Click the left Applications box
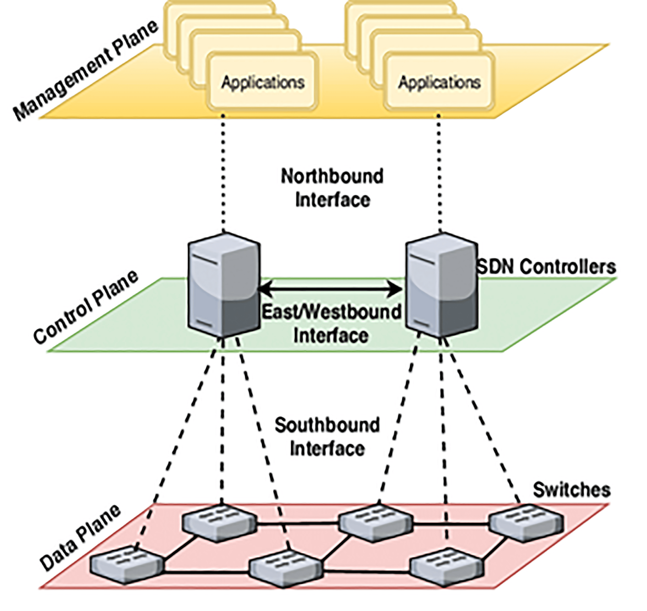point(262,81)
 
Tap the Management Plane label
point(85,70)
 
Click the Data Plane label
point(80,538)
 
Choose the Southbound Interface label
point(327,437)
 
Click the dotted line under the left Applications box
point(223,173)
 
